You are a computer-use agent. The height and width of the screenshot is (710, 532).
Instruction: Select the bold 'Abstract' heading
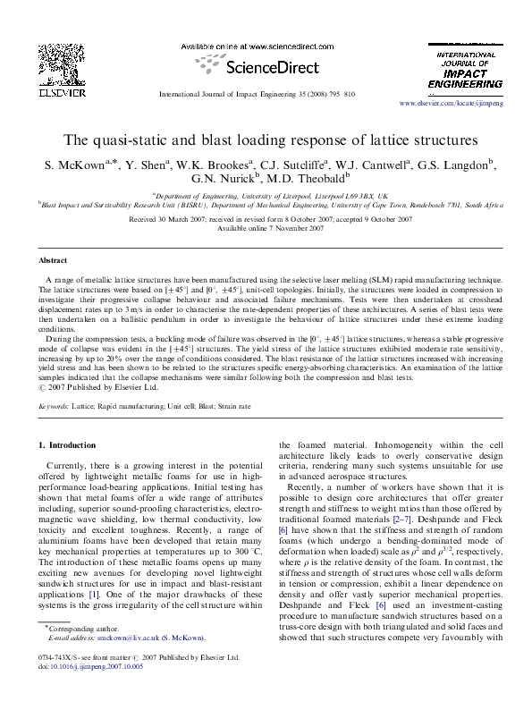coord(52,259)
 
